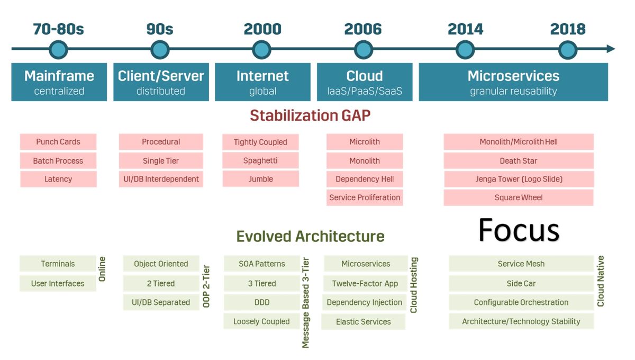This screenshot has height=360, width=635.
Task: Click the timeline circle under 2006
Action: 364,50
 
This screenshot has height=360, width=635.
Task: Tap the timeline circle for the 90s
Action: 160,50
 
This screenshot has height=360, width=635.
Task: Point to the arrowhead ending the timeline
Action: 611,49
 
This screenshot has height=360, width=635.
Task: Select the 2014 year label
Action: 465,29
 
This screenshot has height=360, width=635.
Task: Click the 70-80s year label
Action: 58,29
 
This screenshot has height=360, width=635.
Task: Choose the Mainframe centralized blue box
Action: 59,82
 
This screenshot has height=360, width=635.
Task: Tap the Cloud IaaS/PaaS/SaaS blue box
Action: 365,82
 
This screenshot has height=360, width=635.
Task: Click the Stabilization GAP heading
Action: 310,115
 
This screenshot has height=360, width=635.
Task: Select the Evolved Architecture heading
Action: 311,236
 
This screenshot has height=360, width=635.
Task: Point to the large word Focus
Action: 519,230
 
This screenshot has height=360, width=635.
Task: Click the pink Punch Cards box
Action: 58,141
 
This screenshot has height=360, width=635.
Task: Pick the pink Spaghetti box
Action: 260,160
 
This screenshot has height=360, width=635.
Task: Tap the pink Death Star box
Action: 519,161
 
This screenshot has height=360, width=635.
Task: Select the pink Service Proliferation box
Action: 365,197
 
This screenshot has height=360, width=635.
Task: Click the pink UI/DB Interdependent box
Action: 161,179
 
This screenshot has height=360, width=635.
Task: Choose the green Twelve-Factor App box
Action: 365,283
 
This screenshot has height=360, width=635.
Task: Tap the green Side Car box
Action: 521,283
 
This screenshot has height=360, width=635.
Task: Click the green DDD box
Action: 262,302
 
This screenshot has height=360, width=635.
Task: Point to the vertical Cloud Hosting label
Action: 414,285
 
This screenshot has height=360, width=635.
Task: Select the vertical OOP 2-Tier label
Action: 206,286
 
